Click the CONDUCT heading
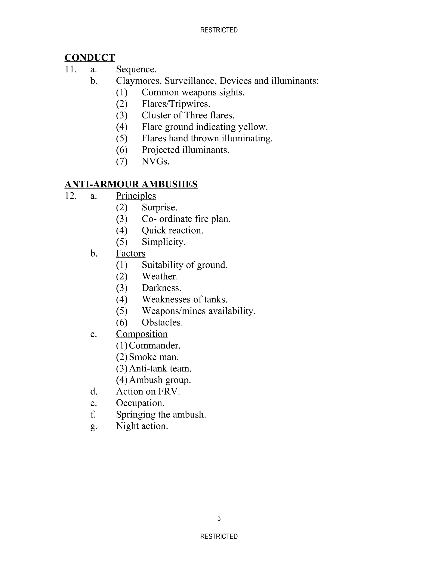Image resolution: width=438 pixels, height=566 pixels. tap(90, 57)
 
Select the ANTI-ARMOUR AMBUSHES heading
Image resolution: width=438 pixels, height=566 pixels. tap(131, 184)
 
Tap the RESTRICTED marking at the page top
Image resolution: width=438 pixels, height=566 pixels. tap(219, 30)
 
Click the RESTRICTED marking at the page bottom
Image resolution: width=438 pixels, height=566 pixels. tap(219, 536)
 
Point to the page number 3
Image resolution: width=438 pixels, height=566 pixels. tap(219, 518)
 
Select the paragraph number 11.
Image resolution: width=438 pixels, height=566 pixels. tap(70, 69)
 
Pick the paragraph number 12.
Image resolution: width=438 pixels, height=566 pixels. tap(70, 196)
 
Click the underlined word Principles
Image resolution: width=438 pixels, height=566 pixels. tap(136, 196)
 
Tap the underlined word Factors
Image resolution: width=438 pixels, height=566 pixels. tap(130, 254)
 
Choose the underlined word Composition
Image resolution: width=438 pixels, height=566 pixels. tap(142, 334)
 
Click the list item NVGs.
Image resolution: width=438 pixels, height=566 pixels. tap(155, 161)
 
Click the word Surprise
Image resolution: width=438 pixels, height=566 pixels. tap(159, 207)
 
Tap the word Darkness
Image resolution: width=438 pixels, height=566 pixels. tap(161, 288)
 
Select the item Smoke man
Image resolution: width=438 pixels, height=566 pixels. tap(154, 357)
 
